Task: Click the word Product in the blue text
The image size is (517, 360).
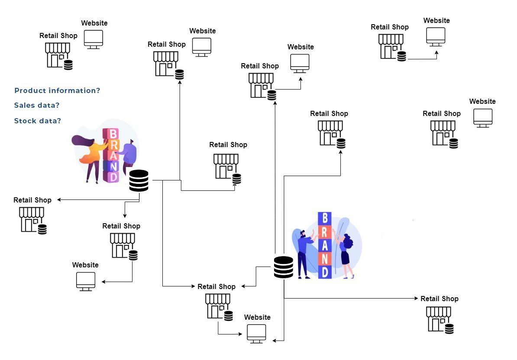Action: point(30,91)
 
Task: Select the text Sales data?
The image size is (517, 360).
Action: point(37,106)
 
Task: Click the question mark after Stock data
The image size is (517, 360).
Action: point(59,121)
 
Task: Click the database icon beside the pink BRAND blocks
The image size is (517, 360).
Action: point(139,181)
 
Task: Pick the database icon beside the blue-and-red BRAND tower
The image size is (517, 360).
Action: point(283,267)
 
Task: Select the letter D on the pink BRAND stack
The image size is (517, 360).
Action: point(113,177)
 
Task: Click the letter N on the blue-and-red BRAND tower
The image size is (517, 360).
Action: point(325,258)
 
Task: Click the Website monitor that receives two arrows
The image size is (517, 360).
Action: point(256,334)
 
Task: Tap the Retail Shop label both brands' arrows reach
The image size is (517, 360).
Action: point(216,286)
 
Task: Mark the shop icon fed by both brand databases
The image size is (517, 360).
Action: point(219,306)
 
